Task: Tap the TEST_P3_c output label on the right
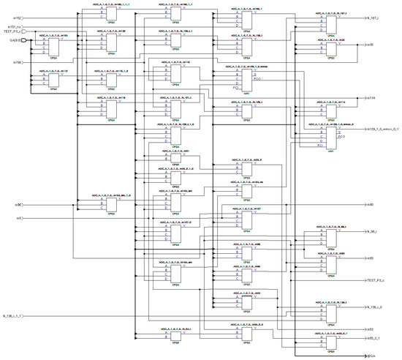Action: click(x=376, y=280)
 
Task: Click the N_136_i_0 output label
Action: click(x=376, y=310)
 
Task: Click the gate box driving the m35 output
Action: click(x=331, y=46)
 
